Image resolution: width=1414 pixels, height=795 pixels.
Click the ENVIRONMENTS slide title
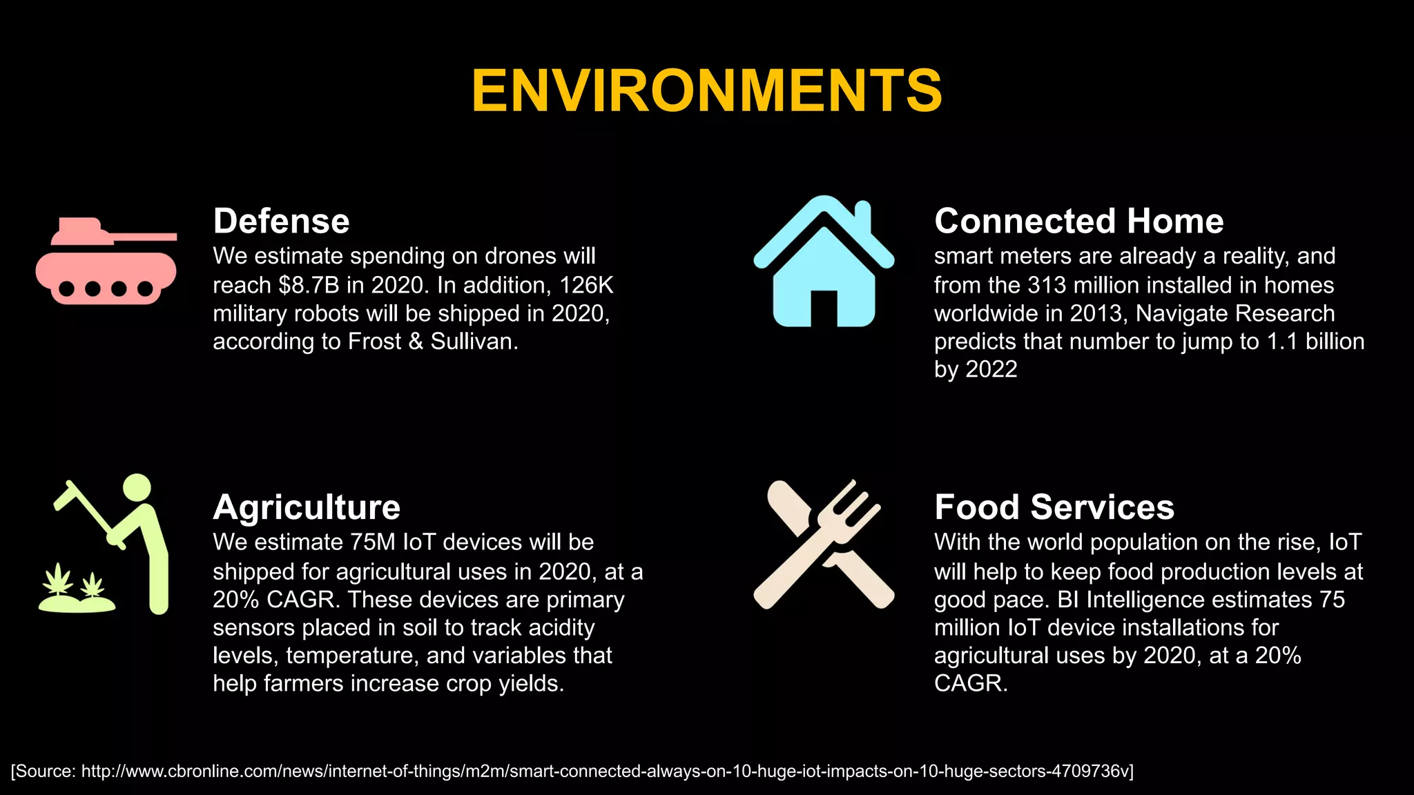coord(706,90)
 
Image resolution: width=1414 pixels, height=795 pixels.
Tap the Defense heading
coord(281,222)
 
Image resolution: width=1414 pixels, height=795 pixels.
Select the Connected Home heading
coord(1078,222)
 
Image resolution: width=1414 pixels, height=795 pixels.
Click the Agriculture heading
coord(307,507)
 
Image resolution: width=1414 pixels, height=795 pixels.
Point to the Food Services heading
coord(1054,507)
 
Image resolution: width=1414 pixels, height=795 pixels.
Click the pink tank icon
coord(106,261)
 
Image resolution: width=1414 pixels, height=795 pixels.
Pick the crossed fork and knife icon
coord(824,544)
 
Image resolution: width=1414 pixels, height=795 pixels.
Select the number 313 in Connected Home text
coord(1047,286)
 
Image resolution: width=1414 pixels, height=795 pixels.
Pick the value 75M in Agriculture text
coord(373,542)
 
